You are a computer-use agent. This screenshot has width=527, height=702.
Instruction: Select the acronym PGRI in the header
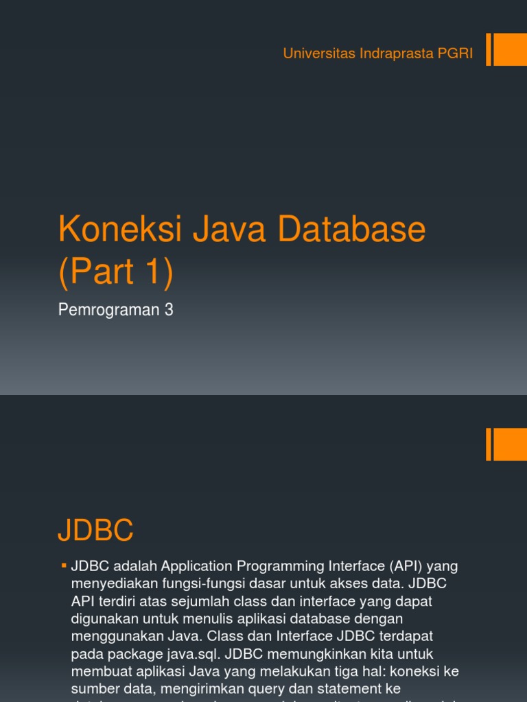pyautogui.click(x=455, y=54)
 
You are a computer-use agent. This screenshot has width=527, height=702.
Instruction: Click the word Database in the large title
pyautogui.click(x=352, y=230)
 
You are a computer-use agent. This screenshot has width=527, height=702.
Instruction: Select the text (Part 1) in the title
pyautogui.click(x=116, y=272)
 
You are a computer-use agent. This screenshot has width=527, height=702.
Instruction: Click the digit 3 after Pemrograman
pyautogui.click(x=169, y=310)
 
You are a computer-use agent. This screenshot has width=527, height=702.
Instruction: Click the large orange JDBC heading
pyautogui.click(x=95, y=531)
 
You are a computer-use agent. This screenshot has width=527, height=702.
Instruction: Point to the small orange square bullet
pyautogui.click(x=64, y=566)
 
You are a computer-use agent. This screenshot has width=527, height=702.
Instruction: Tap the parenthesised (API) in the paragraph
pyautogui.click(x=405, y=566)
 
